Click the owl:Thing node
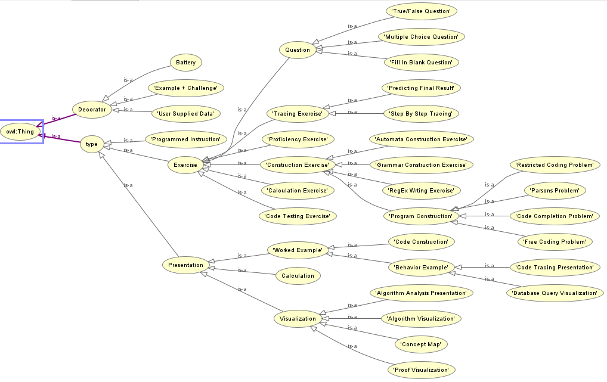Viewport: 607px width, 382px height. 21,131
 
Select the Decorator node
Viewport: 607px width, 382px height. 92,109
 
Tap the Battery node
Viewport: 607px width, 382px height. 186,62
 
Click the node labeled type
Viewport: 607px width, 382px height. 91,144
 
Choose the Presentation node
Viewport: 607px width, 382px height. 185,265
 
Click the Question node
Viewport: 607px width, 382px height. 298,50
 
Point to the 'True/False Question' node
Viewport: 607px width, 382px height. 421,11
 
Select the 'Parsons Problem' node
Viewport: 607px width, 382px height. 555,191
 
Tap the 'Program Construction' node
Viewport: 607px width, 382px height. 421,216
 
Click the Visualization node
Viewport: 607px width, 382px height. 298,319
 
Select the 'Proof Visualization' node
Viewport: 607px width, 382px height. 421,370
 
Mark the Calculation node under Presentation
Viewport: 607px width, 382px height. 298,275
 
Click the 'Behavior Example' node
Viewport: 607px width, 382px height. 421,268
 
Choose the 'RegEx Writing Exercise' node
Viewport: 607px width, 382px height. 421,191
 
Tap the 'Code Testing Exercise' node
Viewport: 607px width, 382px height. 298,216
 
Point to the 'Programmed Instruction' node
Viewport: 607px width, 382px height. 185,139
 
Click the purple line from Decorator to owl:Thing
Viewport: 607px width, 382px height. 60,120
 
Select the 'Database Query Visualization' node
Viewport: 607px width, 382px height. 555,293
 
